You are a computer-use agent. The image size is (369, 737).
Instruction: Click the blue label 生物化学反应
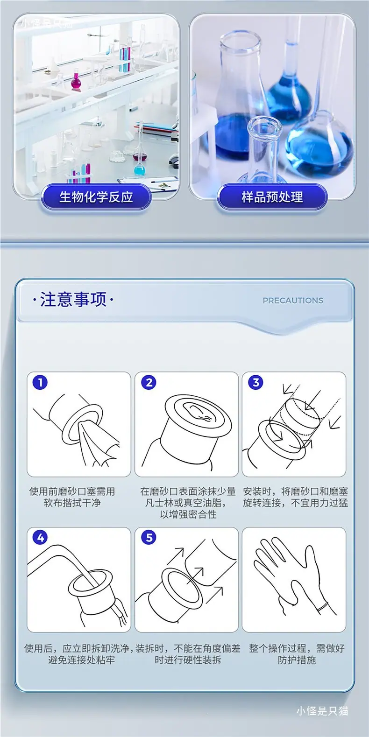point(96,197)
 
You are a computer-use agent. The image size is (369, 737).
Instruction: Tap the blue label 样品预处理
point(272,197)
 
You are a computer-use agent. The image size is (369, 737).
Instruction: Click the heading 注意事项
point(73,299)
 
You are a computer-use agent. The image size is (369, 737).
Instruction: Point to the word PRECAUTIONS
point(293,301)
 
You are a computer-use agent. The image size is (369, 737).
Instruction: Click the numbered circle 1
point(40,382)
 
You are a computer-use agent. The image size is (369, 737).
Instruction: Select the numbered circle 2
point(149,382)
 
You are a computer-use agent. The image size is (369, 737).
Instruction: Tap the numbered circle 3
point(256,382)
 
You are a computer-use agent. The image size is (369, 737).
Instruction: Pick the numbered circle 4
point(40,537)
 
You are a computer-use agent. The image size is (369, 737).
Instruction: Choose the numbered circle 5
point(149,537)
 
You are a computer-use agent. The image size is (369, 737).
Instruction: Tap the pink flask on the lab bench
point(76,81)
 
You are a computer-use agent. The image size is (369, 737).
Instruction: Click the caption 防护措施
point(297,660)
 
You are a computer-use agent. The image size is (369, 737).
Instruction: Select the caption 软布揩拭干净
point(72,503)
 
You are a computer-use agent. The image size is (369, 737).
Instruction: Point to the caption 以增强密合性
point(188,514)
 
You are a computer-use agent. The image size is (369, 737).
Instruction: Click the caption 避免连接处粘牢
point(81,660)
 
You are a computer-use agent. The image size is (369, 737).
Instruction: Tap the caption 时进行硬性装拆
point(188,660)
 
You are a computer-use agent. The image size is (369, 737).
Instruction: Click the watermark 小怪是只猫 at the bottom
point(322,711)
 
